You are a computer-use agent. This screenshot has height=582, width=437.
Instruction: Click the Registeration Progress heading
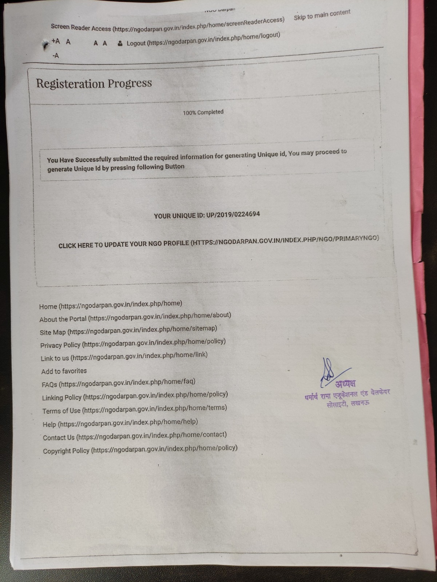pos(94,84)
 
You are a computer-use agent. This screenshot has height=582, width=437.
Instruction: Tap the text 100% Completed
pos(203,112)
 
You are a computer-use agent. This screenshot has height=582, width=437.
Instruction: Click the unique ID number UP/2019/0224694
pos(233,214)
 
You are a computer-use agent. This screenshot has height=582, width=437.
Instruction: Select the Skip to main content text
pos(322,15)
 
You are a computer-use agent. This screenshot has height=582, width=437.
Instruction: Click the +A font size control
pos(56,41)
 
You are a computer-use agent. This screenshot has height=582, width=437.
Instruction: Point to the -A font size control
pos(55,56)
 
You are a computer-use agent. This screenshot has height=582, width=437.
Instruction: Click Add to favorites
pos(64,371)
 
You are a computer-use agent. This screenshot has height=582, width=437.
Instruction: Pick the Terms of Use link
pos(134,409)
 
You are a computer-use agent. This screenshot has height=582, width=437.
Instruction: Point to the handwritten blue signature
pos(329,371)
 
